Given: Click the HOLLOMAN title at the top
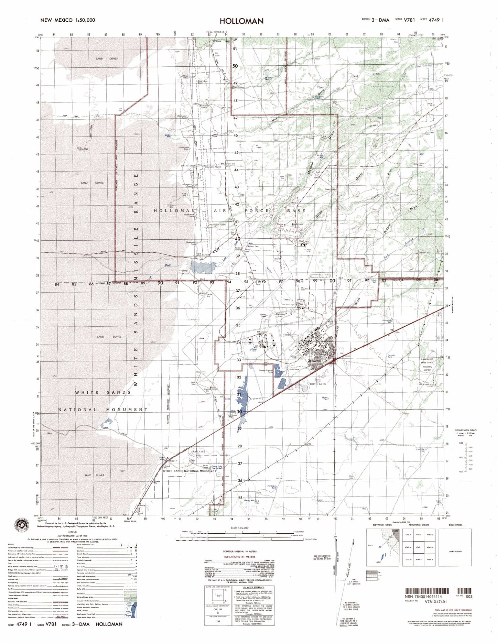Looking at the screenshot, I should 241,21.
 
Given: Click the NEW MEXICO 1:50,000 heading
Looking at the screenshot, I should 68,20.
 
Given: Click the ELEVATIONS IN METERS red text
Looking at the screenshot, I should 239,556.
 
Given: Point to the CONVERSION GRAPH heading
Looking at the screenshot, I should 466,430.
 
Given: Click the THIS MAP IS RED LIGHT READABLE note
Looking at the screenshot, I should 453,610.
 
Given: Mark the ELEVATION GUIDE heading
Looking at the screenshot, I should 382,525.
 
